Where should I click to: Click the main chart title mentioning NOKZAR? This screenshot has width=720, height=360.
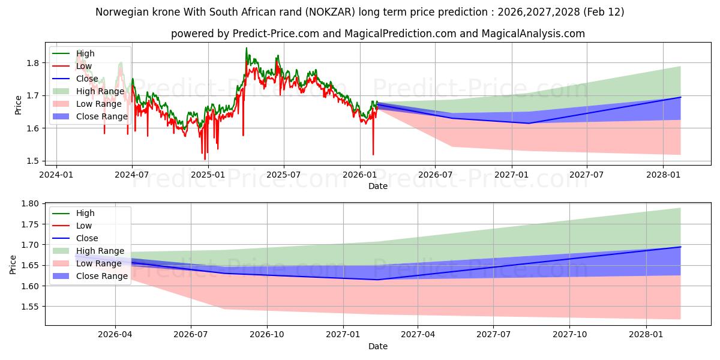tap(360, 12)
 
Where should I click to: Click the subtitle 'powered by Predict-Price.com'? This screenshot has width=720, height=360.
tap(378, 34)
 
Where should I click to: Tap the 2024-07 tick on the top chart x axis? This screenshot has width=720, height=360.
tap(132, 175)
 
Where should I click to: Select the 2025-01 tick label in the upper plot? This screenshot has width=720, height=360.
tap(208, 175)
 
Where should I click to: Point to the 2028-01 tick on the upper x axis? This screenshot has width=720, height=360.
tap(663, 175)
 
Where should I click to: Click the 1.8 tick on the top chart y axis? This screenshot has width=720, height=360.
tap(33, 63)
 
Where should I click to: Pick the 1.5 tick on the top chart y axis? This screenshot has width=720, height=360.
tap(33, 161)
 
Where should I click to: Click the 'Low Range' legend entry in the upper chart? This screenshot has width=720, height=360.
tap(99, 104)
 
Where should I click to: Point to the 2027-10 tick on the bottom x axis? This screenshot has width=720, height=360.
tap(570, 334)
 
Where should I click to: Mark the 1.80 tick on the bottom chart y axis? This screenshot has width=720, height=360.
tap(29, 204)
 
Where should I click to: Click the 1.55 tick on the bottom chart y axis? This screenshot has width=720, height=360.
tap(29, 307)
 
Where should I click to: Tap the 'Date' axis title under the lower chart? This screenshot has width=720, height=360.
tap(378, 346)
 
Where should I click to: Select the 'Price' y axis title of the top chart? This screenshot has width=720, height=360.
tap(19, 105)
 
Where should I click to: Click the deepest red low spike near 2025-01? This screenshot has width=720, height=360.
tap(205, 159)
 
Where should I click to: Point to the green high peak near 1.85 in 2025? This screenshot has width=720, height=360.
tap(246, 48)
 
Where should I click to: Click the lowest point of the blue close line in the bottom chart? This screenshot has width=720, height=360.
tap(377, 280)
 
